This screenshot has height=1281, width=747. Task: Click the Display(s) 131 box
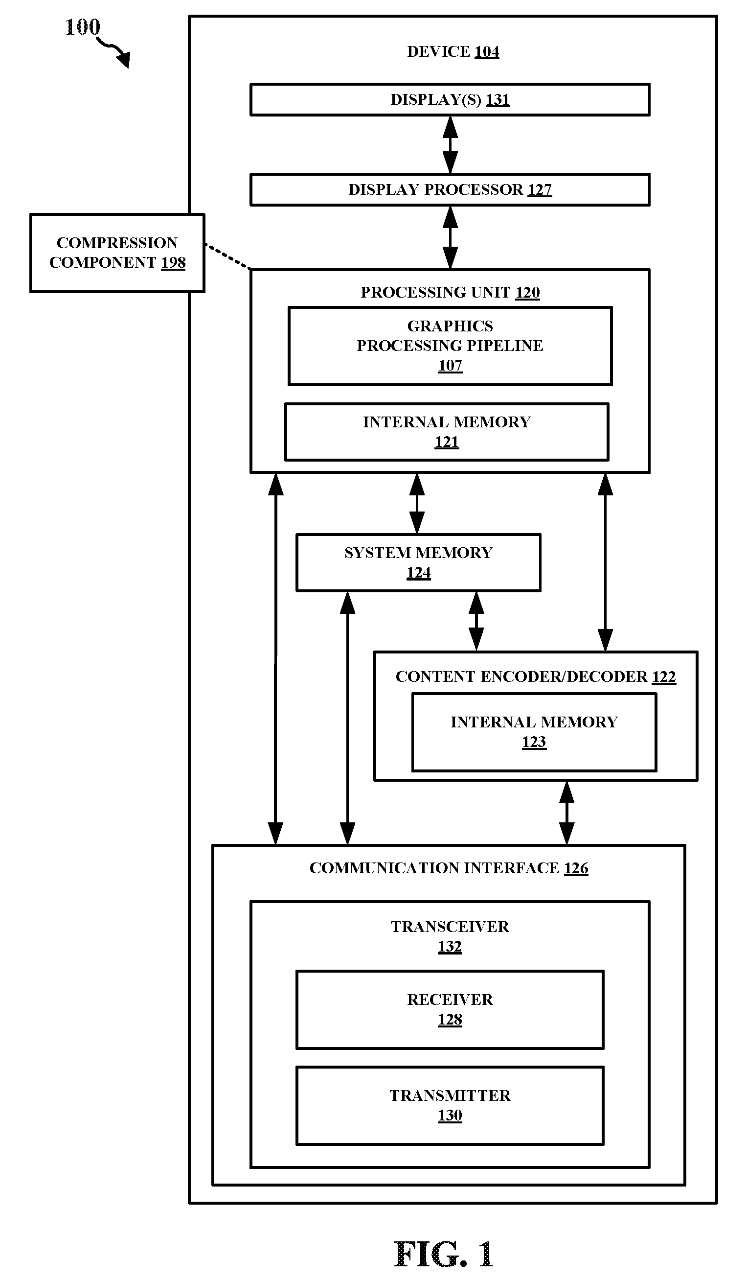[450, 100]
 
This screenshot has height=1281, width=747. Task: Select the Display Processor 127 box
[450, 189]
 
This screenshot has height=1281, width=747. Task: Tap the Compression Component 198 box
[117, 253]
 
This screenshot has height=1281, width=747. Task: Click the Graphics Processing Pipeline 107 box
[450, 346]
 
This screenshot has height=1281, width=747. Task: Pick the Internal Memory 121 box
[447, 432]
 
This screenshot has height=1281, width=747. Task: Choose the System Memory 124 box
[418, 563]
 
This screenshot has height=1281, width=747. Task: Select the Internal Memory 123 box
[534, 732]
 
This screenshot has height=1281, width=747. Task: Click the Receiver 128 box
[450, 1009]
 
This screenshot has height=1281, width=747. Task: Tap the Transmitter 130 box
[450, 1105]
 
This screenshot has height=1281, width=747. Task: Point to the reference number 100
[83, 27]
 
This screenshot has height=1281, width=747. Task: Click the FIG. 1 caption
[444, 1254]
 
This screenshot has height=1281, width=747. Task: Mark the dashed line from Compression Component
[227, 256]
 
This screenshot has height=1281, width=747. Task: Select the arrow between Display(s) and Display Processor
[450, 145]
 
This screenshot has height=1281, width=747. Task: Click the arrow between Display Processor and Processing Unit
[450, 237]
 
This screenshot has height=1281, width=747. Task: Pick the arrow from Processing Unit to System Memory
[417, 503]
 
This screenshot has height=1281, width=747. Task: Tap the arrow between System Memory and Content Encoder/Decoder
[476, 621]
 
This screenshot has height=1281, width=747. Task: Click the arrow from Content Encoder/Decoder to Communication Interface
[566, 813]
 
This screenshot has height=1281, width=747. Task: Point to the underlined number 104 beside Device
[486, 52]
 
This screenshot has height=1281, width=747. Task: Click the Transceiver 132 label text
[450, 936]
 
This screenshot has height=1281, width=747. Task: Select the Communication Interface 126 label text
[449, 868]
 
